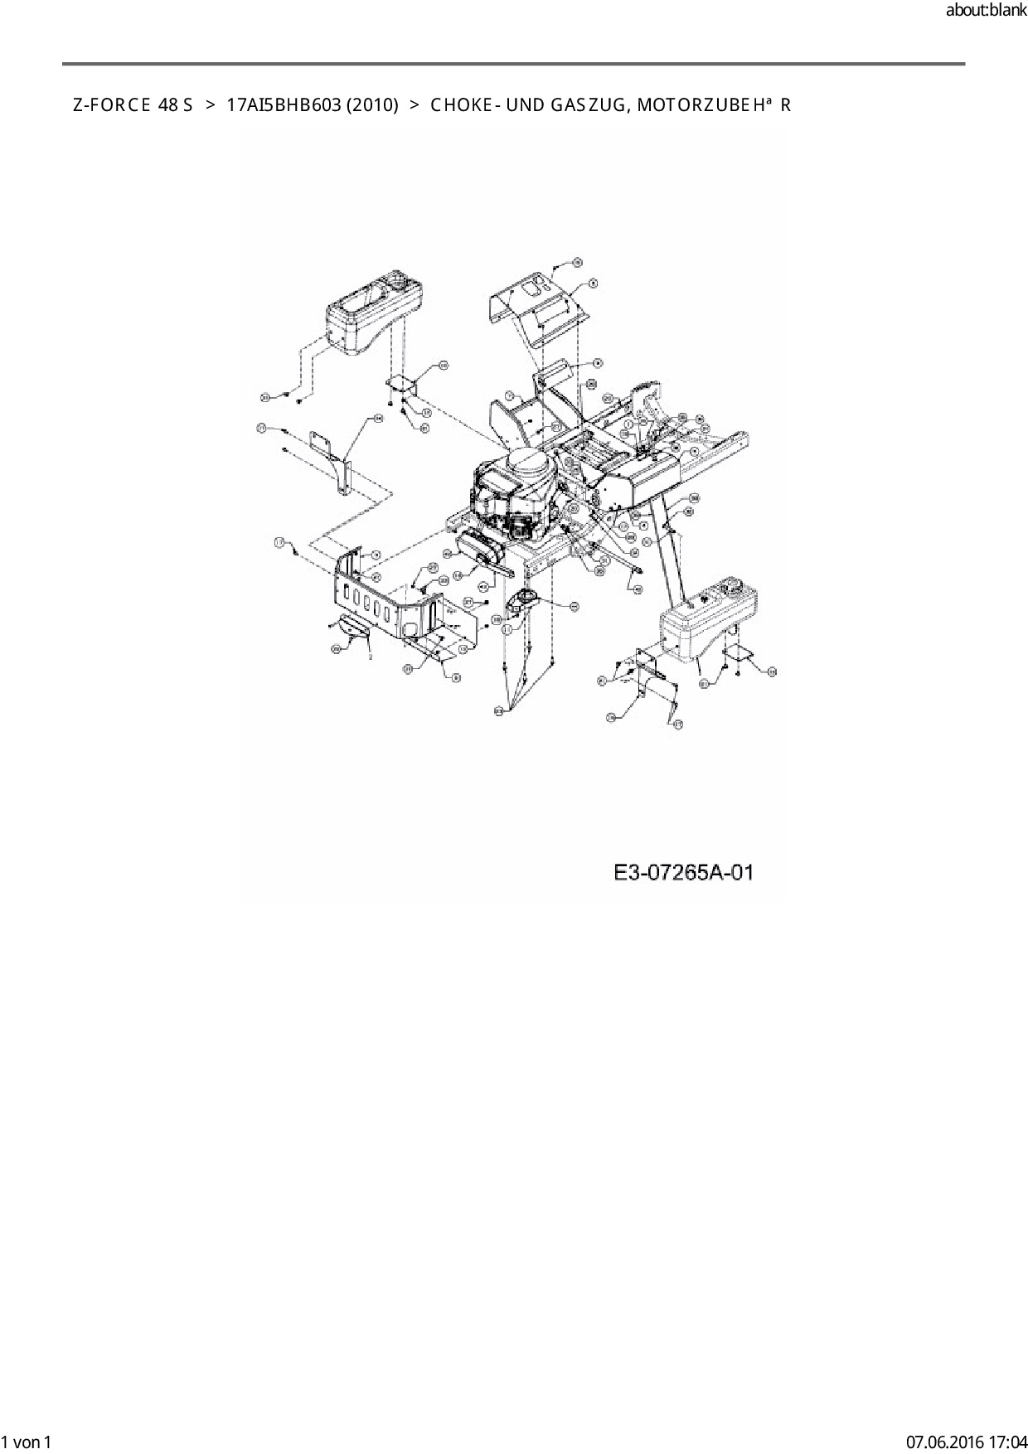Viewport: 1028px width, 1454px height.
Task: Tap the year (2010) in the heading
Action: click(372, 105)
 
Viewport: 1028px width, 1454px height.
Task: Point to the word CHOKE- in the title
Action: click(463, 105)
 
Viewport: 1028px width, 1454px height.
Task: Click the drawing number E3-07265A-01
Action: click(684, 873)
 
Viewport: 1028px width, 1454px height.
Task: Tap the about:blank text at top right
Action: click(986, 11)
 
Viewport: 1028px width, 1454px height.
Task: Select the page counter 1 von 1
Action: click(27, 1442)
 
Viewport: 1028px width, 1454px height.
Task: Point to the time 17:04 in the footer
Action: click(1008, 1442)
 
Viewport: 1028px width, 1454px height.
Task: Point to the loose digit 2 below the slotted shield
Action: click(370, 656)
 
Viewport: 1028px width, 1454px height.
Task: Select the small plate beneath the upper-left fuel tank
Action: click(403, 383)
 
